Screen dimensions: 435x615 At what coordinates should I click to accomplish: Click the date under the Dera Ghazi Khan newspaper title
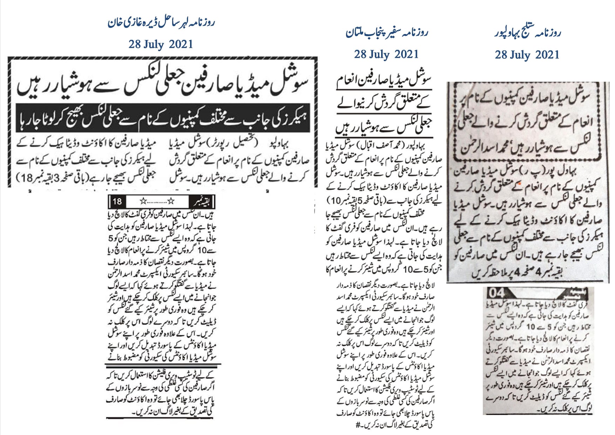[x=161, y=45]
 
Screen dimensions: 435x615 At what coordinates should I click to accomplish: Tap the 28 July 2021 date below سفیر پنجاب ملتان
[x=386, y=54]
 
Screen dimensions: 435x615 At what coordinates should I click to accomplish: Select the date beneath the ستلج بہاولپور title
[x=527, y=55]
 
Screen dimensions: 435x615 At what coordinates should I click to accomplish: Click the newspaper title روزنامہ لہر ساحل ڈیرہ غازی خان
[x=161, y=24]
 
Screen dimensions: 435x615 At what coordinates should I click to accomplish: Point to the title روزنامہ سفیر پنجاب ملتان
[x=387, y=33]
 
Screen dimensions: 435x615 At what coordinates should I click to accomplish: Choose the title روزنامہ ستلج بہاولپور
[x=527, y=33]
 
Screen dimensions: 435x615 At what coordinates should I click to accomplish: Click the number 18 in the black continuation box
[x=117, y=201]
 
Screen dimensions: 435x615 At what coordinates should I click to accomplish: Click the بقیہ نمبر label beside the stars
[x=200, y=202]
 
